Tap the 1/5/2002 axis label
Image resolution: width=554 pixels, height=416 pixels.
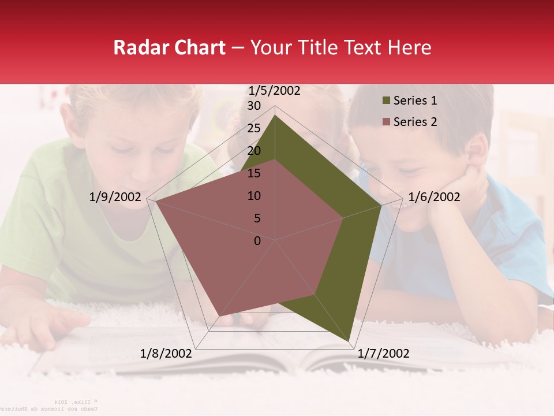click(x=274, y=91)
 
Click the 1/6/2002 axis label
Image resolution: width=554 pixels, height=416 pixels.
click(x=434, y=197)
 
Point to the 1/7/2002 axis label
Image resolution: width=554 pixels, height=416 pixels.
click(x=383, y=354)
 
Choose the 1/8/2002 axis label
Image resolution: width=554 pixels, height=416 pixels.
click(x=166, y=354)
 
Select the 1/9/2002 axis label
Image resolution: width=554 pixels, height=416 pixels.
click(x=115, y=197)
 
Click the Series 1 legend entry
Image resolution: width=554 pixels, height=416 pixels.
click(x=415, y=101)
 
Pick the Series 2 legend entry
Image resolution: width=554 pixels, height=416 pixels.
click(x=415, y=122)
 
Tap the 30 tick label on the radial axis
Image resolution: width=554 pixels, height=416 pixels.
click(x=254, y=106)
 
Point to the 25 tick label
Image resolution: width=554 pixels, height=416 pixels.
click(x=254, y=128)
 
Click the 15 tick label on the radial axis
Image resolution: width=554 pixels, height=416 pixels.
click(x=254, y=173)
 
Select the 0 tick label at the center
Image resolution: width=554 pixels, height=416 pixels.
click(x=257, y=241)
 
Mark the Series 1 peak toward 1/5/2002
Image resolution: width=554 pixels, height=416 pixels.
click(x=275, y=116)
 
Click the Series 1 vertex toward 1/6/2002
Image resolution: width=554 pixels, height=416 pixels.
click(x=381, y=206)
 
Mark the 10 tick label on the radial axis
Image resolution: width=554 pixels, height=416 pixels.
click(x=254, y=196)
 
